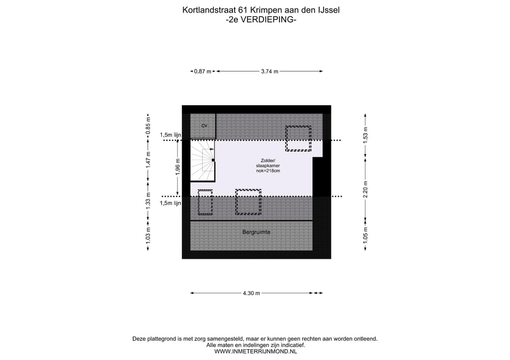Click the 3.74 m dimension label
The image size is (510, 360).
coord(269,71)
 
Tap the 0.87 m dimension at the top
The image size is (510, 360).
coord(203,71)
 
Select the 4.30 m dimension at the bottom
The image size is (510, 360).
coord(251,293)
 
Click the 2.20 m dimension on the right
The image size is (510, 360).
coord(365,189)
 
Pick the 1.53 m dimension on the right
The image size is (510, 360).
coord(365,136)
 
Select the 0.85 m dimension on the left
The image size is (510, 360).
coord(148,126)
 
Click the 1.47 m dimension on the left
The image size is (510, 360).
coord(148,159)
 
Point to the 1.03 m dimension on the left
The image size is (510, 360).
coord(148,234)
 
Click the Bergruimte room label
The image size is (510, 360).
coord(256,232)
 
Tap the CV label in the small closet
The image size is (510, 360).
coord(204,126)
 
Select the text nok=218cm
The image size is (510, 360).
coord(264,171)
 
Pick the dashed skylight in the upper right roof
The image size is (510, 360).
coord(298,138)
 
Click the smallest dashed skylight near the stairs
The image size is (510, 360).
coord(205,202)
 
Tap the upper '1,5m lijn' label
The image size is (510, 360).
coord(170,135)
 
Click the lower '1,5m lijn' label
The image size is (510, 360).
coord(170,203)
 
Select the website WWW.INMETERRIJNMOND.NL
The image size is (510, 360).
coord(255,351)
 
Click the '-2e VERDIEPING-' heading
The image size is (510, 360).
coord(261,19)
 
